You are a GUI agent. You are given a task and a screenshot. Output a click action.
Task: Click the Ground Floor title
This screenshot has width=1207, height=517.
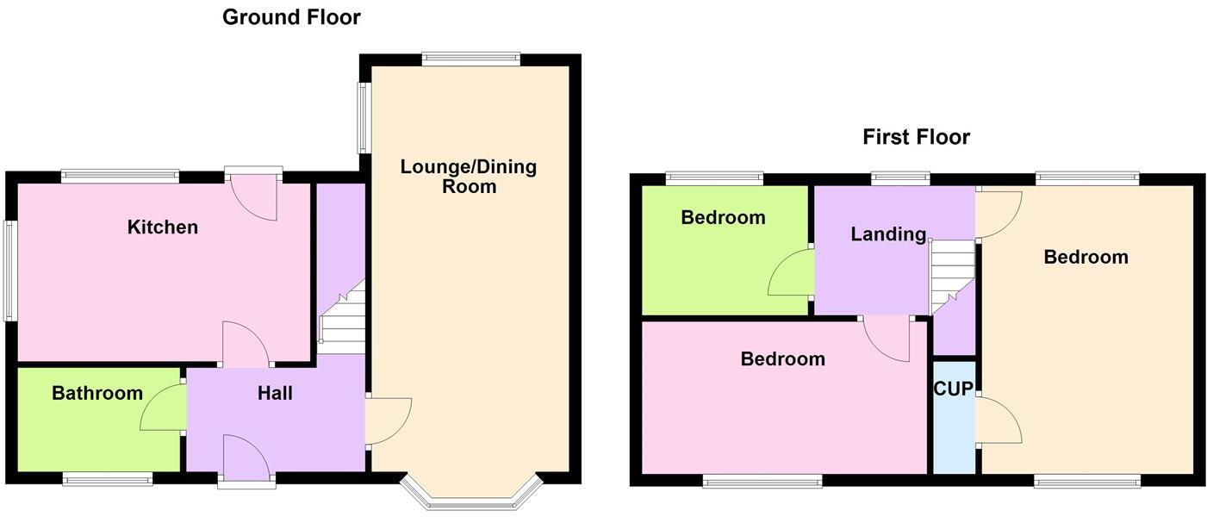click(x=291, y=17)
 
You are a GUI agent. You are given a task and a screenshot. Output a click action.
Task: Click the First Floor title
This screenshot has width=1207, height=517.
click(x=916, y=137)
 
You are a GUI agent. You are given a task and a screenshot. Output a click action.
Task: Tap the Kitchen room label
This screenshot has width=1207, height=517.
click(x=163, y=227)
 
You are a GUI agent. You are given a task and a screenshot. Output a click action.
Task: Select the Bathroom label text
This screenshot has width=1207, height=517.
click(x=97, y=394)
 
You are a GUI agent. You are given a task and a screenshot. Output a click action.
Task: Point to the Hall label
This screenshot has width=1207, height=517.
click(x=275, y=394)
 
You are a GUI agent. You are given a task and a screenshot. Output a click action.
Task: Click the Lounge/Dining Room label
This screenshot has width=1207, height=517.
click(x=469, y=177)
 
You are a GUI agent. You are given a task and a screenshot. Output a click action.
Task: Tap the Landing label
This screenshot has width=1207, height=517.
click(x=888, y=234)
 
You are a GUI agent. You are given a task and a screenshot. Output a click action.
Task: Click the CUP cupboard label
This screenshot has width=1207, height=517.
click(x=954, y=389)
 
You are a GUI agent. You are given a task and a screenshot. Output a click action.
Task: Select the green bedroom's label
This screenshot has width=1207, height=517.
click(x=723, y=218)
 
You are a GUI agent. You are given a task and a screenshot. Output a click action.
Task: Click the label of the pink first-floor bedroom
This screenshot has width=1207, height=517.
click(x=782, y=359)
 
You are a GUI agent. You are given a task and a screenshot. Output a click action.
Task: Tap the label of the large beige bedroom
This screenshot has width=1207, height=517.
click(x=1086, y=258)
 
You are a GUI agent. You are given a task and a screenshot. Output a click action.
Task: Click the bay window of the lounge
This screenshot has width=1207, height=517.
click(x=471, y=494)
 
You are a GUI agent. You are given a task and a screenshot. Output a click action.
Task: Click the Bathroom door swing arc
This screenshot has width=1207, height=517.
click(x=161, y=408)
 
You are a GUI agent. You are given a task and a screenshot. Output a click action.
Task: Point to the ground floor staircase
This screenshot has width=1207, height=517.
click(x=343, y=319)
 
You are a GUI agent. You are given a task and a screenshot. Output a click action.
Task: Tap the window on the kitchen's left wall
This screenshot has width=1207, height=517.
click(x=9, y=271)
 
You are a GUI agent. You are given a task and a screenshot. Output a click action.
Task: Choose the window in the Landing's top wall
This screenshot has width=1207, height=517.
click(x=900, y=178)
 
